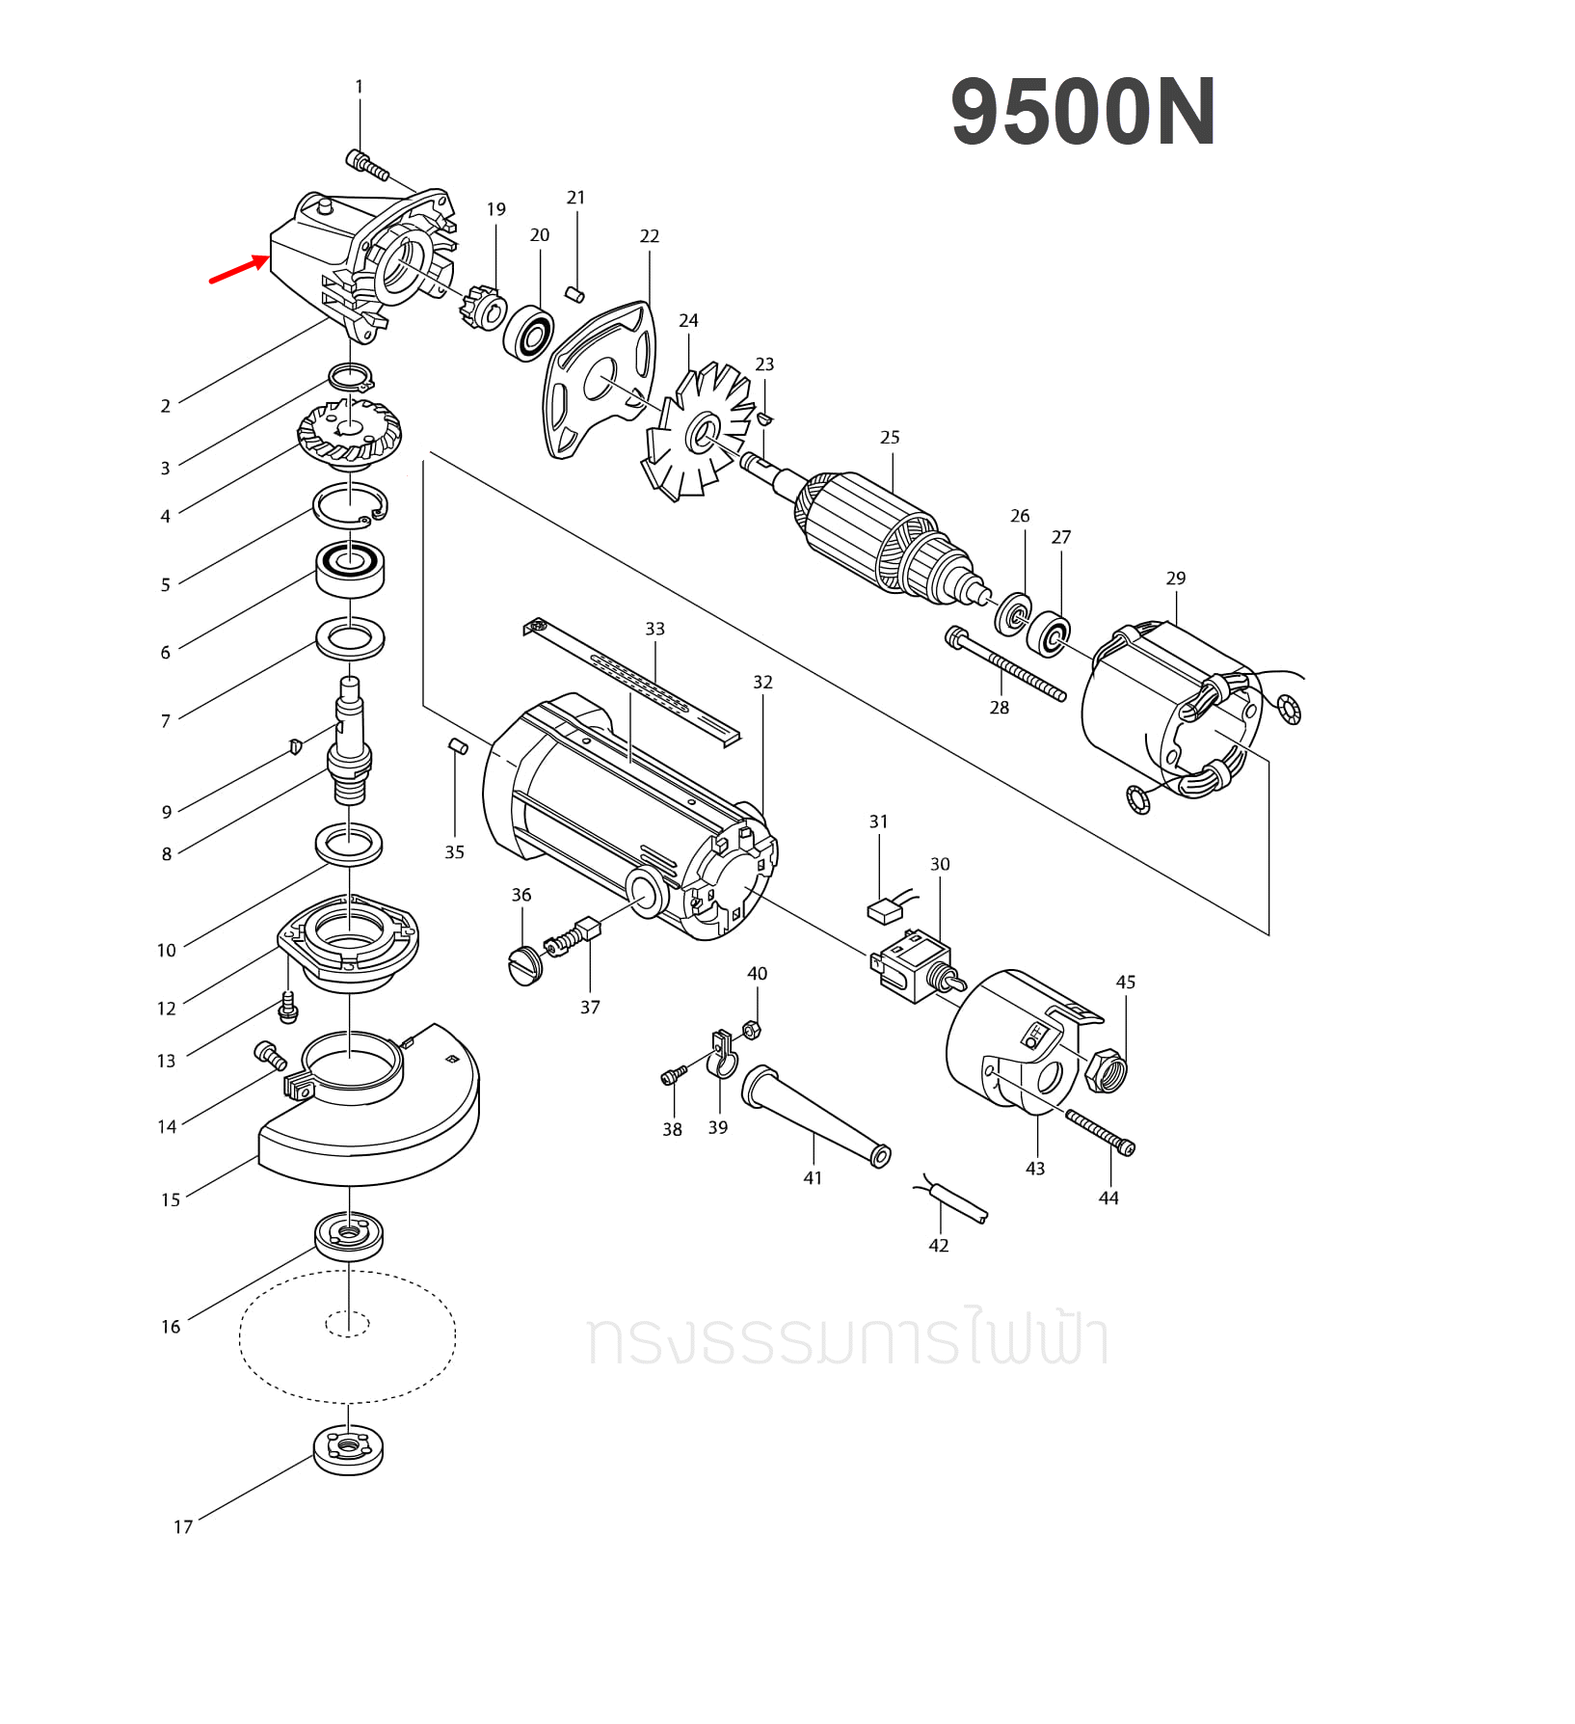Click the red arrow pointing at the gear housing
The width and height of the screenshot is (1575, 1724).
click(238, 269)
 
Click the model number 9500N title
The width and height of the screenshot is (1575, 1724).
click(1082, 113)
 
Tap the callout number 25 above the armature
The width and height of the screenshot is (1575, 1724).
click(889, 438)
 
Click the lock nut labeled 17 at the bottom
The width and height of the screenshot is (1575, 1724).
click(348, 1449)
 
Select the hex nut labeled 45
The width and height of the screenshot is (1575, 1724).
click(1106, 1070)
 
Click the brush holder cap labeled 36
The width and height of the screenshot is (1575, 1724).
click(525, 965)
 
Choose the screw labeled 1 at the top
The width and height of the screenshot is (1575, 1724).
click(366, 166)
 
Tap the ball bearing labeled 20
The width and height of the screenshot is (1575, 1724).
click(528, 333)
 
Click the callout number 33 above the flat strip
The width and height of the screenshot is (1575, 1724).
click(654, 629)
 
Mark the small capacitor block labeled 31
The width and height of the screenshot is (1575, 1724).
click(884, 911)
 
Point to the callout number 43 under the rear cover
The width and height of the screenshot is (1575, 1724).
click(1034, 1169)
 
